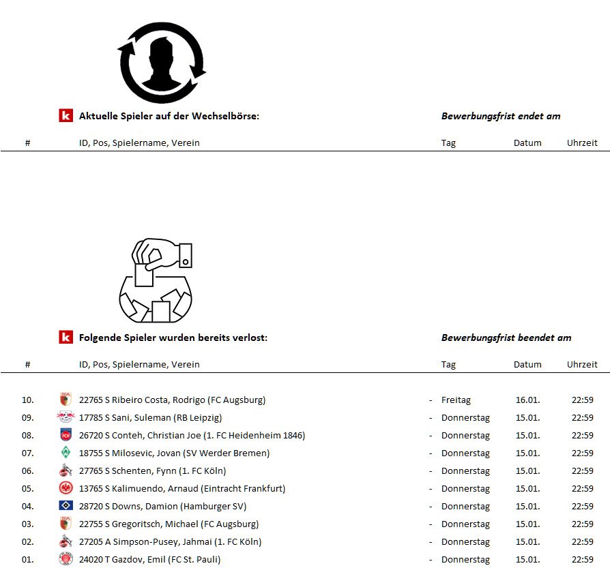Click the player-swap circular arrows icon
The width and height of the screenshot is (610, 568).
tap(162, 63)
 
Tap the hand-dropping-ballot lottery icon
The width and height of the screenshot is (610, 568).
tap(156, 280)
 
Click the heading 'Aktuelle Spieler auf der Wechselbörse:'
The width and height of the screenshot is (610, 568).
tap(169, 116)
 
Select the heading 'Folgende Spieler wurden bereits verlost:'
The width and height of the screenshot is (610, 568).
tap(173, 338)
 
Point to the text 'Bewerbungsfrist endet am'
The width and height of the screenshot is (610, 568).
tap(501, 116)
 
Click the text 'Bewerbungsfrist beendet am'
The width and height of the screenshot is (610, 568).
tap(506, 338)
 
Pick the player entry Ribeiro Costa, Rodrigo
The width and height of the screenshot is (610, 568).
tap(172, 400)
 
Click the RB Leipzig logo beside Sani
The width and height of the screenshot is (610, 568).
tap(66, 418)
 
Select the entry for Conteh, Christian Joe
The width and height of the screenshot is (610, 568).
tap(192, 436)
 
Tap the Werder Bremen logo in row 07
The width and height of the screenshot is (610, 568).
tap(66, 453)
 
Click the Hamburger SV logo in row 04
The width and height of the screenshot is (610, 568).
tap(66, 506)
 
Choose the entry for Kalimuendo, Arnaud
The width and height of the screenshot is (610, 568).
tap(182, 489)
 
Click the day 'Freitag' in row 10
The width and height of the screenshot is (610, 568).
tap(456, 400)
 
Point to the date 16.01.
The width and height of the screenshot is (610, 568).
tap(527, 400)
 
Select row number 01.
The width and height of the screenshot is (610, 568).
tap(28, 560)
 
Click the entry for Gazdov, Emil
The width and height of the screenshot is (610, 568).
tap(149, 560)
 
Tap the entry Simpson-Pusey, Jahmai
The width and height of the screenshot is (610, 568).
tap(170, 542)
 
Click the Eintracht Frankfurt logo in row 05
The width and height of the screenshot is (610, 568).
tap(66, 488)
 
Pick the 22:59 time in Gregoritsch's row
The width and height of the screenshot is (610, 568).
tap(582, 524)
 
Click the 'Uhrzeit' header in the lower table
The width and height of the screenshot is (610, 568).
tap(582, 364)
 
